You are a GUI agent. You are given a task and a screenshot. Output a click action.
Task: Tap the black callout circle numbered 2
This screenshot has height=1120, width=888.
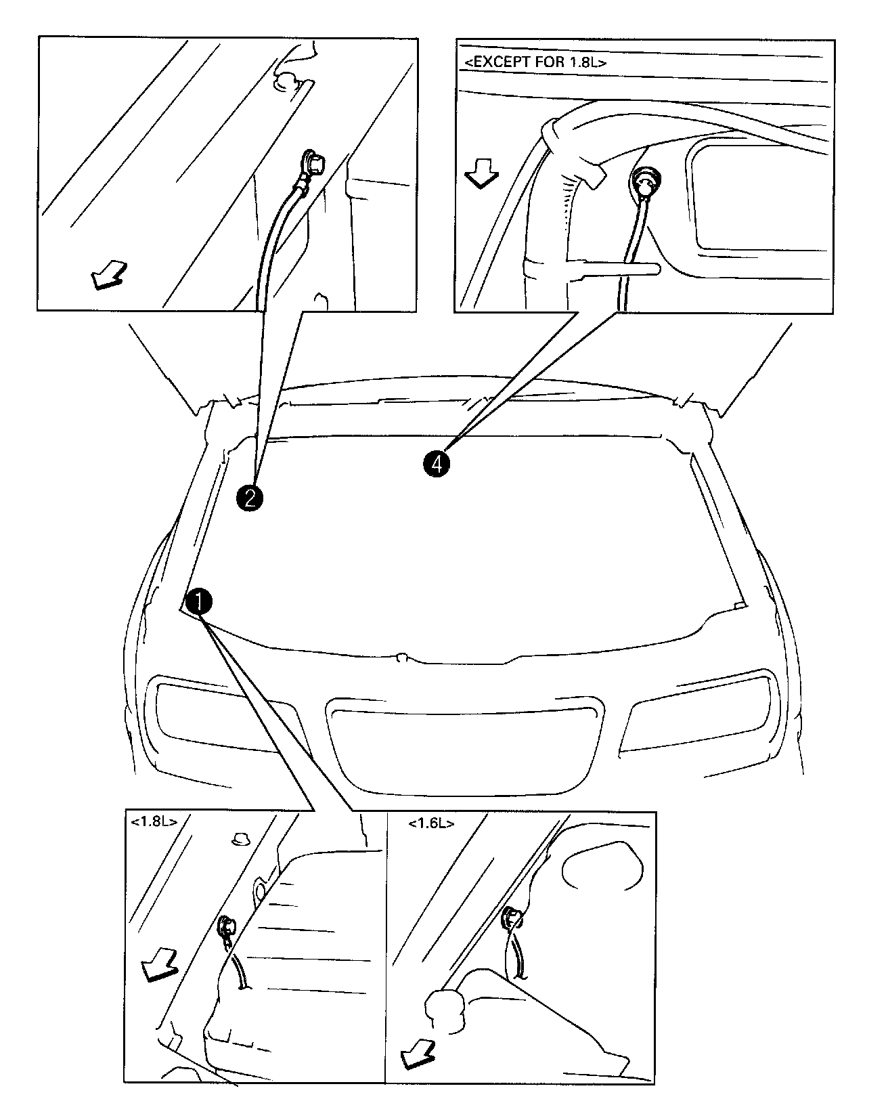click(x=249, y=498)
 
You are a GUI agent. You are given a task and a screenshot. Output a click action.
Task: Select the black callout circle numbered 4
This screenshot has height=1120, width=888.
click(x=436, y=464)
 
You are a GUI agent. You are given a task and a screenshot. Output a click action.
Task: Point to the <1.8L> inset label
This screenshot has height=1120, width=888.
click(x=154, y=822)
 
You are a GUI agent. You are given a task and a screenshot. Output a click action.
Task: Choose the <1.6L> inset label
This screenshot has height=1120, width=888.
click(x=431, y=823)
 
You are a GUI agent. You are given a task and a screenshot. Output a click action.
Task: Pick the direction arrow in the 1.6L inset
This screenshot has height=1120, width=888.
click(x=418, y=1056)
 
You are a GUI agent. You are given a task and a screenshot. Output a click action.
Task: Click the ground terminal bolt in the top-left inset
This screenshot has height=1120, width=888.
click(x=312, y=163)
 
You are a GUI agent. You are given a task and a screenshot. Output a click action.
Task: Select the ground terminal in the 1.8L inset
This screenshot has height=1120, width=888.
click(x=225, y=926)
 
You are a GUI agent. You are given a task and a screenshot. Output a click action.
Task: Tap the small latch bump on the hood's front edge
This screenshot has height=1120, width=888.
click(x=401, y=657)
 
